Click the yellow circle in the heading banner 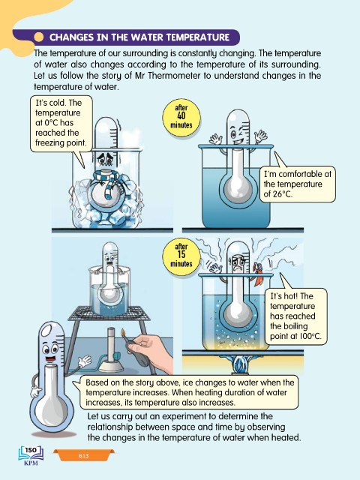tap(39, 37)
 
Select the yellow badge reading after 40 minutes tap(181, 117)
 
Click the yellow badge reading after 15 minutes tap(181, 256)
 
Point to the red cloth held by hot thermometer tap(258, 274)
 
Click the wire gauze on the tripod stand tap(109, 313)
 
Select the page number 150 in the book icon tap(31, 450)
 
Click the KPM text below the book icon tap(31, 463)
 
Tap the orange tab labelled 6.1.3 tap(83, 455)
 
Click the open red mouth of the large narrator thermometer tap(50, 358)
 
